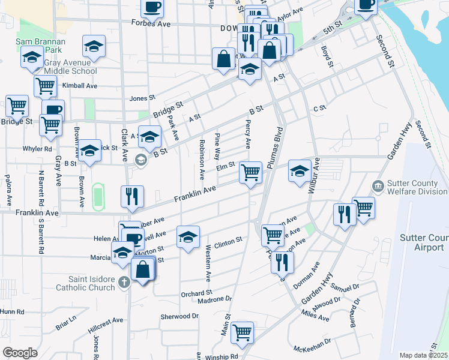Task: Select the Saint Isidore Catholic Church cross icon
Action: [x=124, y=282]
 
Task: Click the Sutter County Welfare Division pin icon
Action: [x=378, y=185]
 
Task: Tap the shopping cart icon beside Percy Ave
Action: [x=250, y=172]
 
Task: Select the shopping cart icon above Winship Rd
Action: [x=242, y=332]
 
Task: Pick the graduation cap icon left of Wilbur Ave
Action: [x=299, y=171]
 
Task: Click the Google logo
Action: [x=20, y=352]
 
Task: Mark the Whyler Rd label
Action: [x=37, y=148]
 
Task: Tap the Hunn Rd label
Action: [x=12, y=312]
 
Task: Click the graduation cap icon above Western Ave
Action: [x=188, y=237]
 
